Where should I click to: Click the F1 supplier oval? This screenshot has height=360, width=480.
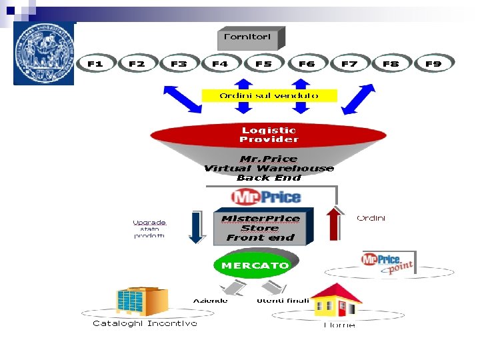[x=95, y=64]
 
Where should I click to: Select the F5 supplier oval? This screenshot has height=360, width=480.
[x=263, y=64]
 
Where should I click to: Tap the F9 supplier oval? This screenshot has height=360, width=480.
[x=433, y=64]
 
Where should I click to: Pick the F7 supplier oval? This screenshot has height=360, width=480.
[x=349, y=64]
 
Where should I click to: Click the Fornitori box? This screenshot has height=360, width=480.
[x=250, y=37]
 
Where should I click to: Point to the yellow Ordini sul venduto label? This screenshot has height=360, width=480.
[x=269, y=95]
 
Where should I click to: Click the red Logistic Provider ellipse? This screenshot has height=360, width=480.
[x=269, y=135]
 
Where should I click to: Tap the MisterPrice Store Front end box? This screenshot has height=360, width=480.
[x=260, y=228]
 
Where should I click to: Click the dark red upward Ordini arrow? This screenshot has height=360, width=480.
[x=334, y=225]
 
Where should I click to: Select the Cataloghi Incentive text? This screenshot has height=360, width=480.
[x=145, y=323]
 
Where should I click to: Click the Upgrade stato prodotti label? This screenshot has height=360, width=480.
[x=149, y=229]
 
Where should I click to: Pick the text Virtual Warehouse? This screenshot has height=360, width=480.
[x=269, y=169]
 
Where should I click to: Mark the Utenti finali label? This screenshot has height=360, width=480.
[x=283, y=301]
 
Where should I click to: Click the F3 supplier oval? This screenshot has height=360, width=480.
[x=179, y=64]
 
